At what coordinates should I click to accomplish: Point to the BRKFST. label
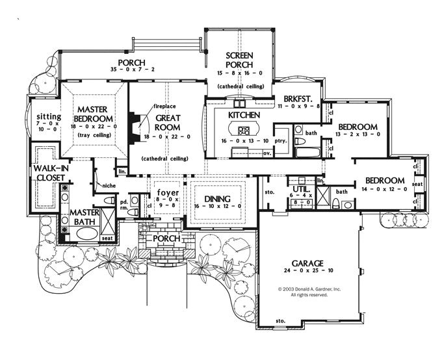pos(300,99)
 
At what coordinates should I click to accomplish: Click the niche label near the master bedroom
pos(108,186)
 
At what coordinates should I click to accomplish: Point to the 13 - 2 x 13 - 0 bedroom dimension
pos(357,135)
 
